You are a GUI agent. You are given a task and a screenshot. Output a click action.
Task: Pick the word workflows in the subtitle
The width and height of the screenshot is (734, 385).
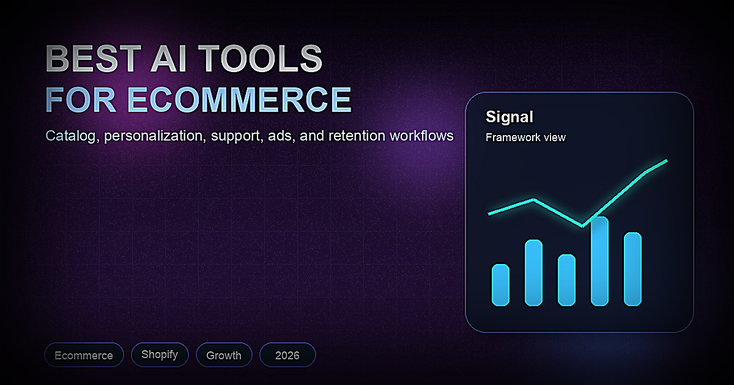coord(421,136)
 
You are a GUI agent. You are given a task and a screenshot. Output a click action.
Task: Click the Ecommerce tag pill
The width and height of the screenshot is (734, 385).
coord(84,355)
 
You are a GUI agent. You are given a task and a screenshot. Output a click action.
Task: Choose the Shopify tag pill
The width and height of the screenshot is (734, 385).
coord(160,354)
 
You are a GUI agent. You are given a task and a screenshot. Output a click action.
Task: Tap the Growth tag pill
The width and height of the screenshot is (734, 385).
coord(224,355)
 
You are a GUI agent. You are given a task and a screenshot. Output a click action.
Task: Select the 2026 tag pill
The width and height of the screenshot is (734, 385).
coord(287,355)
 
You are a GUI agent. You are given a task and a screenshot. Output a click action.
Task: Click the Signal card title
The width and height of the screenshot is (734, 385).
coord(510,117)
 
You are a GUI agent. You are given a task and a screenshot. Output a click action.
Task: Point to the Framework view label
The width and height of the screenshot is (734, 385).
coord(525,137)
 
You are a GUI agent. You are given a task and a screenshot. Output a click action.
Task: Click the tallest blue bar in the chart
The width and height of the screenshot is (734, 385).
coord(599,261)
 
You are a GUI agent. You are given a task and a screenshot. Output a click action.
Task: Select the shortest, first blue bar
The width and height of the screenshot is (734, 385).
coord(500,285)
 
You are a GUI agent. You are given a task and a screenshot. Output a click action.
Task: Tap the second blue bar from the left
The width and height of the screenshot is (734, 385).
coord(533,273)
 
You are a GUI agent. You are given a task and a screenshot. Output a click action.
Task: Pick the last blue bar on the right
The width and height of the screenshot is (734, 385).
coord(632,269)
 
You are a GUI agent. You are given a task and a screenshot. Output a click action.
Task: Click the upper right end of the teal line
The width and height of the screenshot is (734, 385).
coord(665,161)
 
